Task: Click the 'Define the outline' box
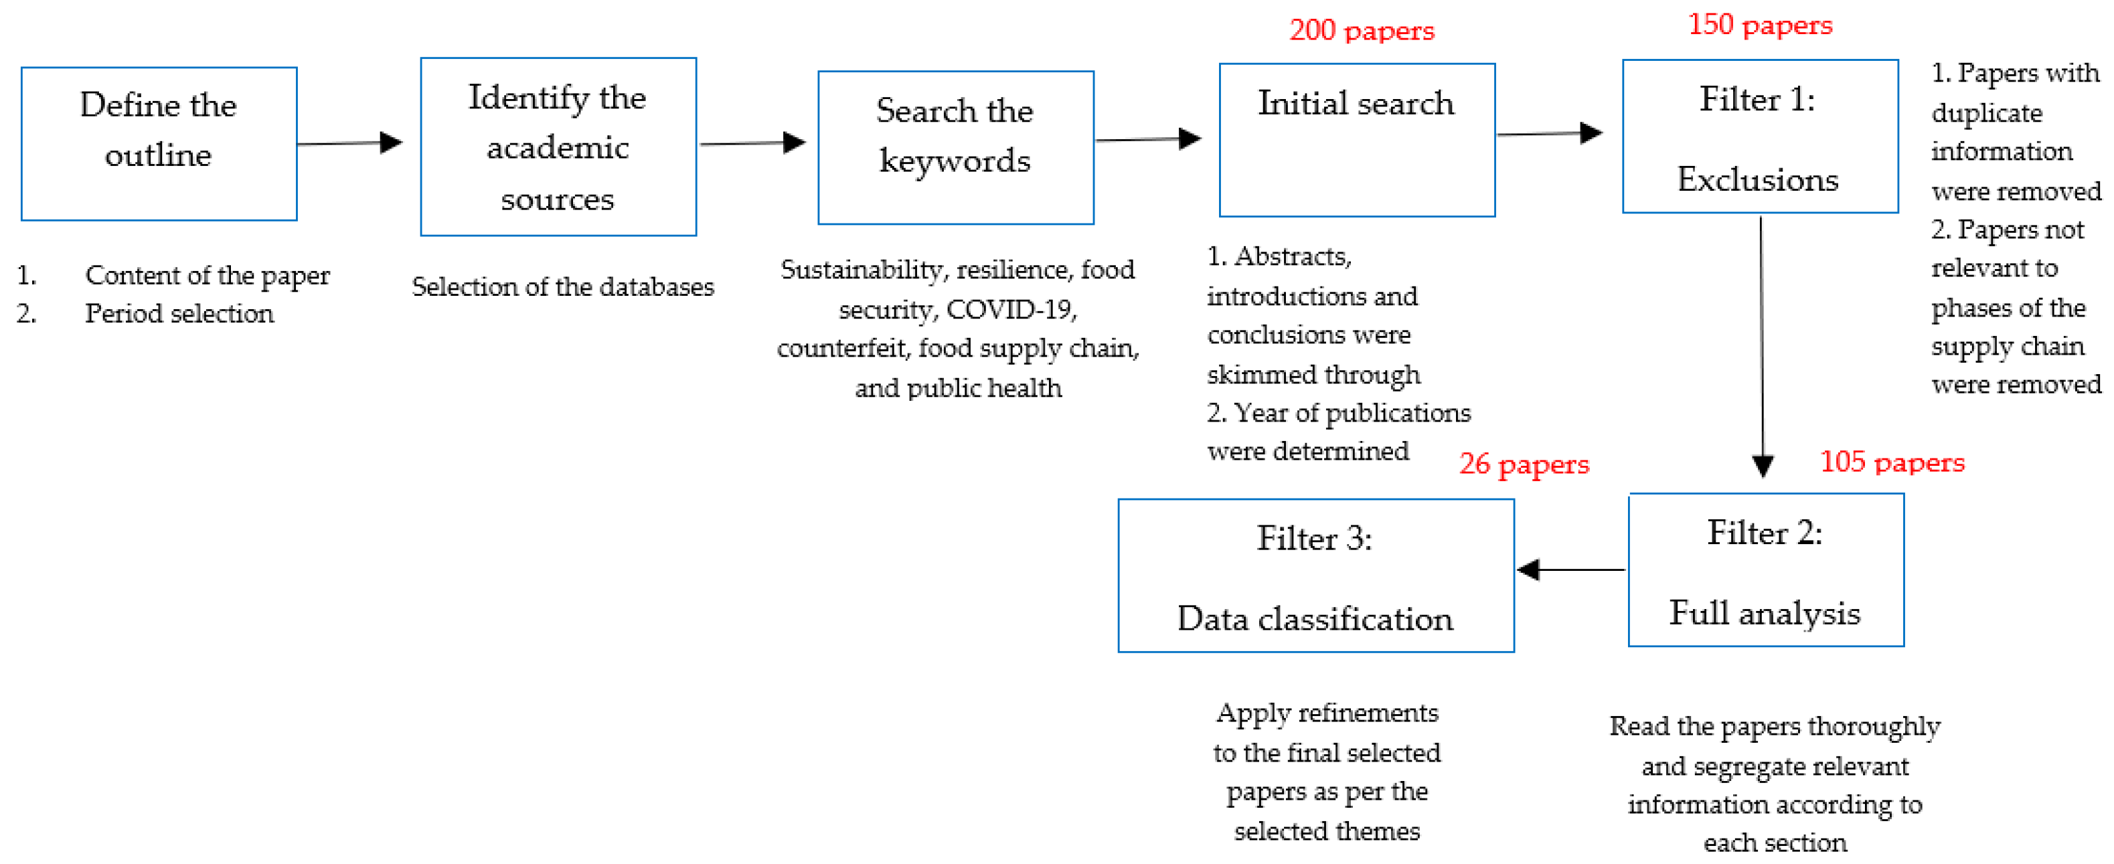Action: click(159, 144)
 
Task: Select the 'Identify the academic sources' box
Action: click(558, 147)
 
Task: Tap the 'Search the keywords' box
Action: click(955, 148)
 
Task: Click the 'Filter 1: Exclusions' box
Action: click(1759, 137)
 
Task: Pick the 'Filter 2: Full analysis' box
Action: click(1765, 570)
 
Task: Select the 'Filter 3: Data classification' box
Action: click(1315, 576)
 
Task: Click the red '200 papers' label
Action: click(1362, 30)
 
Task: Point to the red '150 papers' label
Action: click(1759, 25)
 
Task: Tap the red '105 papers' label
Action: click(1892, 462)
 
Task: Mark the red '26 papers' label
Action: click(1523, 464)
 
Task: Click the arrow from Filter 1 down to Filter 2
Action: click(1761, 345)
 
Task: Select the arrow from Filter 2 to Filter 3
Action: click(1569, 570)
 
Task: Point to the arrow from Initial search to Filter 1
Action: click(1550, 133)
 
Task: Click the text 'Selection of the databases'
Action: click(562, 286)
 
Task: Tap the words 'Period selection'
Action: click(179, 313)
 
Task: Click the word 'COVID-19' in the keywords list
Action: click(1009, 309)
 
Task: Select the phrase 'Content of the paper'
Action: click(207, 275)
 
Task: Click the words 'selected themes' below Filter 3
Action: click(1326, 831)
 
